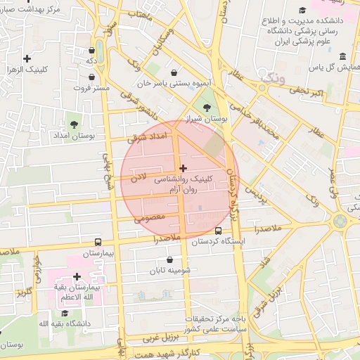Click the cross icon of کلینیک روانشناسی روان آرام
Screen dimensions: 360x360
(184, 168)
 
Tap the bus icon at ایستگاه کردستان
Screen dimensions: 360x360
(218, 230)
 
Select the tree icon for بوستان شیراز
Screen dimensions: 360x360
(206, 107)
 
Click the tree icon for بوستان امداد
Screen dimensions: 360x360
(74, 123)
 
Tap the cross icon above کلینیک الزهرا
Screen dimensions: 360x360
(27, 58)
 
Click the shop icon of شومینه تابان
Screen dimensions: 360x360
(169, 259)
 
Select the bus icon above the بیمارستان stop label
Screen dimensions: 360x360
(98, 241)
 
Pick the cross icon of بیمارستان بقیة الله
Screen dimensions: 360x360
(77, 276)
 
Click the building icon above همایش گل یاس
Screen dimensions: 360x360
(342, 56)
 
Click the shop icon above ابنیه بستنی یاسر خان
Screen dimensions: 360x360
(175, 72)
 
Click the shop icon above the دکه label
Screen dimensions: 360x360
(93, 51)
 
